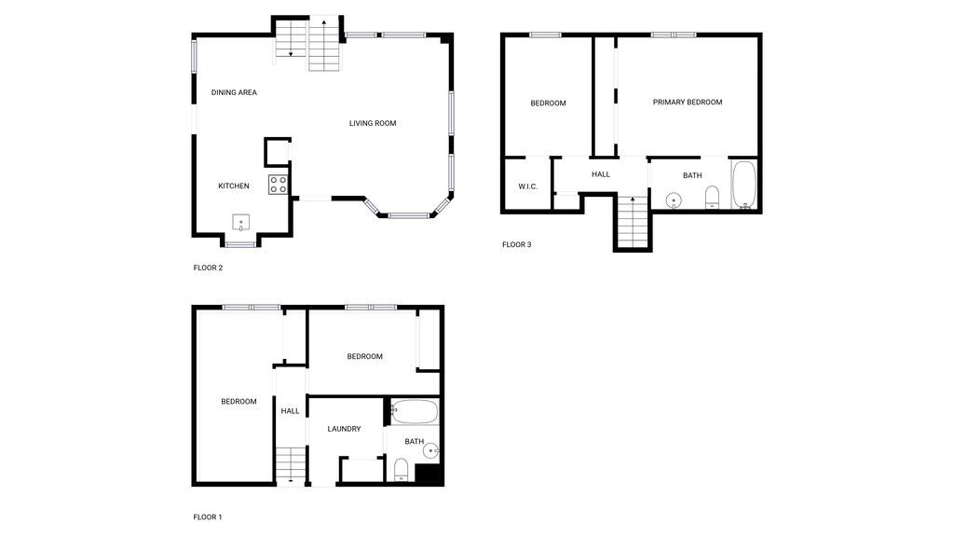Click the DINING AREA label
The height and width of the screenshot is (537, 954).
pos(234,92)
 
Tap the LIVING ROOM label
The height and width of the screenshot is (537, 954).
pos(373,123)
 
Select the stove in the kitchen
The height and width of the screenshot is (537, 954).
pos(278,184)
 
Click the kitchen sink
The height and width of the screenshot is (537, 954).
pos(241,223)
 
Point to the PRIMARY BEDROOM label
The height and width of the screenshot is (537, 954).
pos(687,103)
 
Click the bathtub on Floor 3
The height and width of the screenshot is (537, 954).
pos(743,186)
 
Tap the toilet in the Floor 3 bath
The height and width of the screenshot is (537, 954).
pos(712,196)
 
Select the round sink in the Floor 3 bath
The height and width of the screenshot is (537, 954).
pos(674,200)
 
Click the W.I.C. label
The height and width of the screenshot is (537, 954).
pos(527,186)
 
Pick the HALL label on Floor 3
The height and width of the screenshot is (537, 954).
pos(601,174)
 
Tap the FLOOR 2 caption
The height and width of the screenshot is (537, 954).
pos(208,268)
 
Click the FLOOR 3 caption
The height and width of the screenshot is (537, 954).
pos(516,245)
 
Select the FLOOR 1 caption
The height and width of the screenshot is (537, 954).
pos(208,516)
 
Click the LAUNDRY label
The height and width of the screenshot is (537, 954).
pos(344,429)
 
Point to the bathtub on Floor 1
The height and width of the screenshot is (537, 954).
pos(414,411)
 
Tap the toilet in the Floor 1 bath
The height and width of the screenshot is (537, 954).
pos(401,468)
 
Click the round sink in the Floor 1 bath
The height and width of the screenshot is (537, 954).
pos(430,451)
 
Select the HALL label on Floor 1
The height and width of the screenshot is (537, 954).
pos(291,411)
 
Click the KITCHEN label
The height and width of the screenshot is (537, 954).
pos(234,186)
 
